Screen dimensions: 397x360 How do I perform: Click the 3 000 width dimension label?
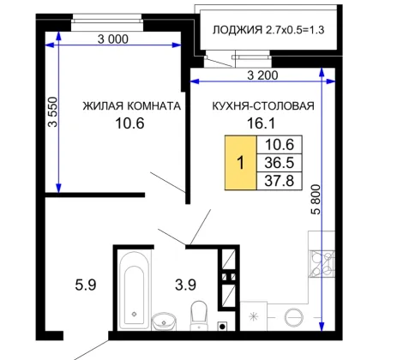point(113,39)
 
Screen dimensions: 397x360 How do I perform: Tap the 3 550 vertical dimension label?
point(53,111)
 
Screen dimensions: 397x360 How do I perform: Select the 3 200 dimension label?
point(262,75)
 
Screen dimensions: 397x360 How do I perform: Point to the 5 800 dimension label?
point(316,200)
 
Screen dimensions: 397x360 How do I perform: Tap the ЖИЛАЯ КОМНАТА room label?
point(132,106)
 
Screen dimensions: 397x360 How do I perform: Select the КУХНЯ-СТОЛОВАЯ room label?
point(263,106)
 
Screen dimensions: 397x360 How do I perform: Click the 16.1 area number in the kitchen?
point(261,123)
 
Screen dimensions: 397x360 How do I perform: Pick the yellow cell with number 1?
point(241,163)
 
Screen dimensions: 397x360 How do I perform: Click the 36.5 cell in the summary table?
point(280,163)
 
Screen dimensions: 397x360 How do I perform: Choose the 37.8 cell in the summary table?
point(280,181)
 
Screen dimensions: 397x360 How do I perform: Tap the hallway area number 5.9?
point(86,285)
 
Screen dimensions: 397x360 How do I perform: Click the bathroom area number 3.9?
point(185,285)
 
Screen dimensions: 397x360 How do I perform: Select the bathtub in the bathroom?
point(134,291)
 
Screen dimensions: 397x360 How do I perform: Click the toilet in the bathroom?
point(199,315)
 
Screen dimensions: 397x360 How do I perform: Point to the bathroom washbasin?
point(164,321)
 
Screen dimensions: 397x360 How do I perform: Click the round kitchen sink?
point(293,317)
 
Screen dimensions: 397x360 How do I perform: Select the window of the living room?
point(107,21)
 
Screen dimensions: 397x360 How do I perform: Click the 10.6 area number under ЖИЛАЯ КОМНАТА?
point(129,123)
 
